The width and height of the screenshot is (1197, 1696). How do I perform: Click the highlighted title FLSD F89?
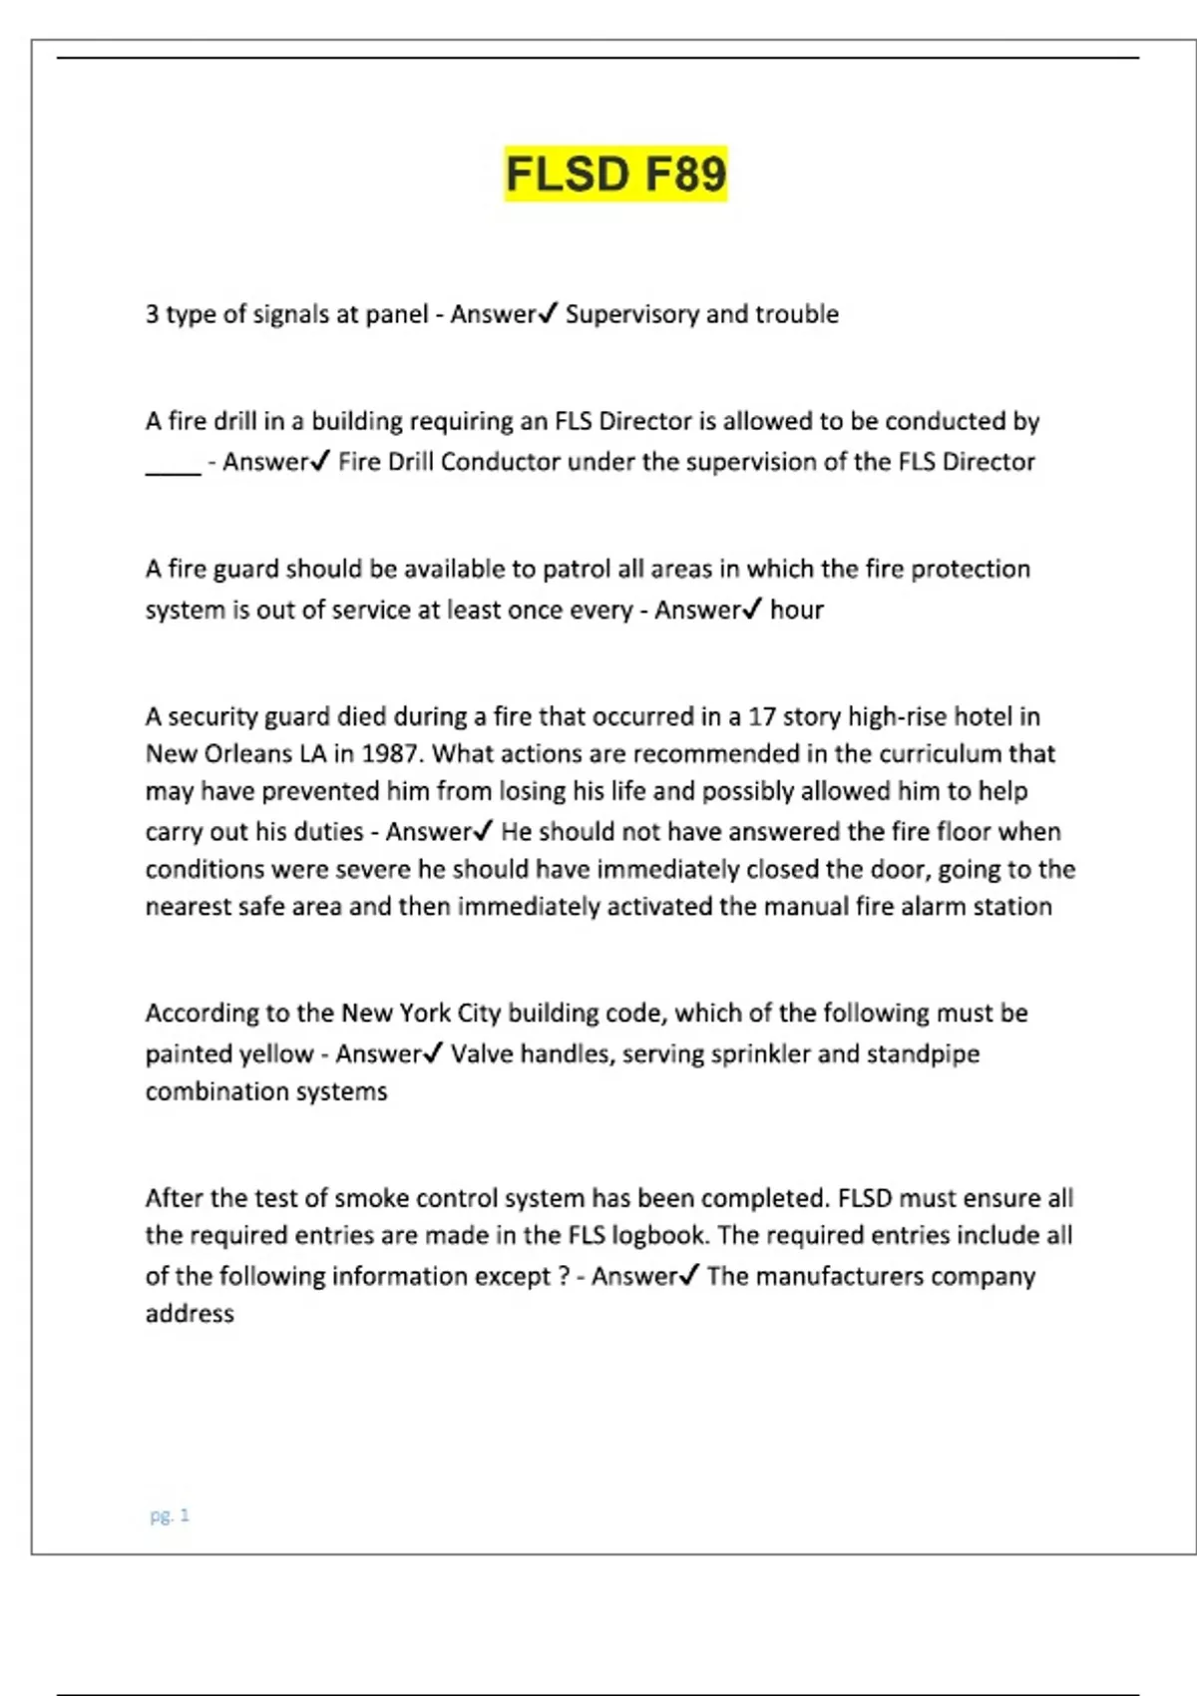pos(615,174)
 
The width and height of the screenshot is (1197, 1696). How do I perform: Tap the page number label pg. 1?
pos(170,1515)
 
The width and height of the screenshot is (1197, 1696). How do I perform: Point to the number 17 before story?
pos(762,717)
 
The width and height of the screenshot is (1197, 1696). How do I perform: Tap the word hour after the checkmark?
pos(796,610)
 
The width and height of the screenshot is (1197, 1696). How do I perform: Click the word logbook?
pos(658,1235)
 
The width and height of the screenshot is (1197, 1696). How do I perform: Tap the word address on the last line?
pos(190,1314)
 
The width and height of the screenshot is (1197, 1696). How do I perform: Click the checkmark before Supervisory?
pos(548,314)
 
